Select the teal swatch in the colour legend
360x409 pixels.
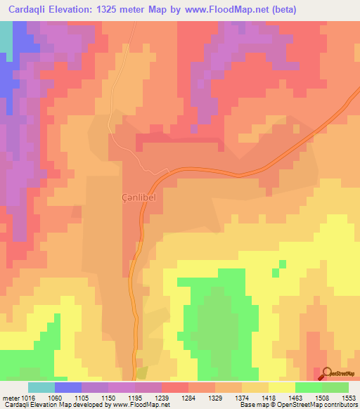coord(41,387)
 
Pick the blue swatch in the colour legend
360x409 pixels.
coord(68,387)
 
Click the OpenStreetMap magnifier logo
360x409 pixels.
coord(327,372)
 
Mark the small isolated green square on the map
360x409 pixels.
coord(282,264)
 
